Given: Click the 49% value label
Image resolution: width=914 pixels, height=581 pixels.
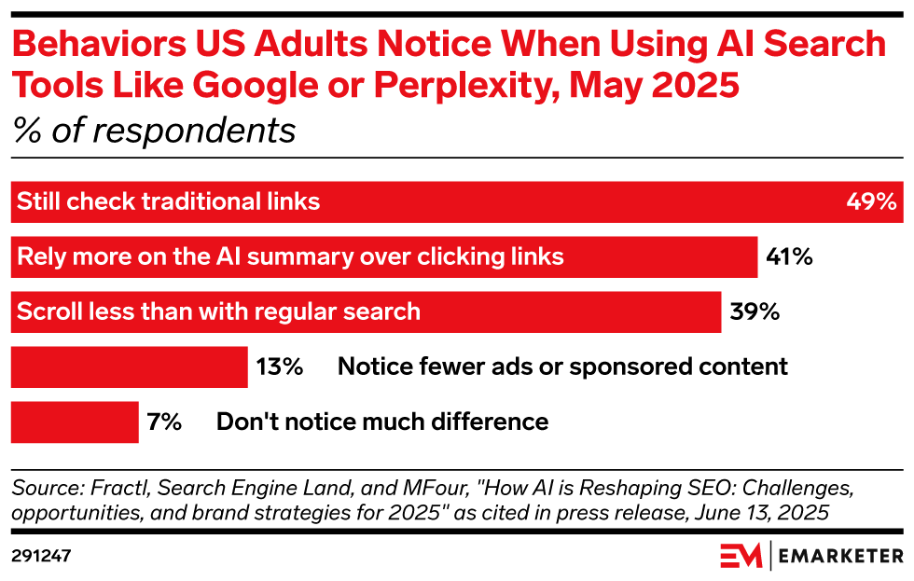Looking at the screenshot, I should tap(871, 201).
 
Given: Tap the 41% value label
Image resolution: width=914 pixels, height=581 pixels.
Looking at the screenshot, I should tap(789, 256).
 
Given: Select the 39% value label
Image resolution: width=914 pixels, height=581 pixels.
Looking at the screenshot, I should tap(754, 311).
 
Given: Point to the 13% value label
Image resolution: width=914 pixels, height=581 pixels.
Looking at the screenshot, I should tap(280, 367).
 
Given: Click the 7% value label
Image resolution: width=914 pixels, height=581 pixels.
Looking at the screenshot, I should tap(164, 422).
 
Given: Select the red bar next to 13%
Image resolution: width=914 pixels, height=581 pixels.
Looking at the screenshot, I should tap(129, 367).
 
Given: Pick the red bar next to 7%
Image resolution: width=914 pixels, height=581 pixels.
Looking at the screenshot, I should tap(75, 422).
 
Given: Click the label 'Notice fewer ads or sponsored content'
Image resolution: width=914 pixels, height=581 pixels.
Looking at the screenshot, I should tap(562, 367).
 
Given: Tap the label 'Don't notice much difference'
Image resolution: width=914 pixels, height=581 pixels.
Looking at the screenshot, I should tap(382, 422).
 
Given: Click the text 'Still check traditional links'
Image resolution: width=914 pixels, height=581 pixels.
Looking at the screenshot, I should tap(169, 201).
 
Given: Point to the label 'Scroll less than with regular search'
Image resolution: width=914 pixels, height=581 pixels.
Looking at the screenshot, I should tap(218, 311).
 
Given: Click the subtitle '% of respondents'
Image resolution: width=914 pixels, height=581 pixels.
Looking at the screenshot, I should tap(154, 131).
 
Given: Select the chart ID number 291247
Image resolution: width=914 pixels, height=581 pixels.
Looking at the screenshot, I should tap(41, 556).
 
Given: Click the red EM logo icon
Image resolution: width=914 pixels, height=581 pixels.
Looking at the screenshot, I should tap(741, 556).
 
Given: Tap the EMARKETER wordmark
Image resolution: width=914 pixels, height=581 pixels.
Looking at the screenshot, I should tap(840, 557).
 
